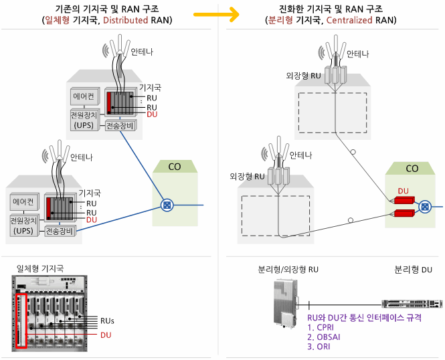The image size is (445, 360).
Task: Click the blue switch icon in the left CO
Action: (x=167, y=203)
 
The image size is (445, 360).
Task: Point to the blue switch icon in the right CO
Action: (x=424, y=206)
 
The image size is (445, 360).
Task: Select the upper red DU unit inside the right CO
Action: (x=404, y=200)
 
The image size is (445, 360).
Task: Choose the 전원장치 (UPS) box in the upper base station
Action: (x=84, y=120)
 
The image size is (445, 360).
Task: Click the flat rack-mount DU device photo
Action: (x=411, y=304)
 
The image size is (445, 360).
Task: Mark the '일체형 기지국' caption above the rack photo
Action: (x=40, y=268)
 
